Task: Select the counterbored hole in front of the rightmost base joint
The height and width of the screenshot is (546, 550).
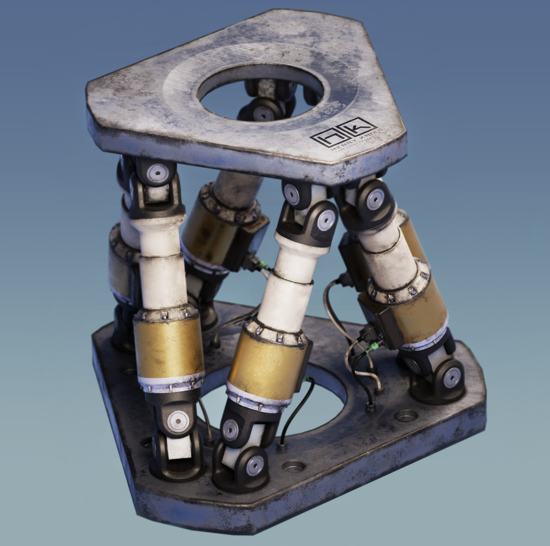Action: [x=407, y=416]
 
